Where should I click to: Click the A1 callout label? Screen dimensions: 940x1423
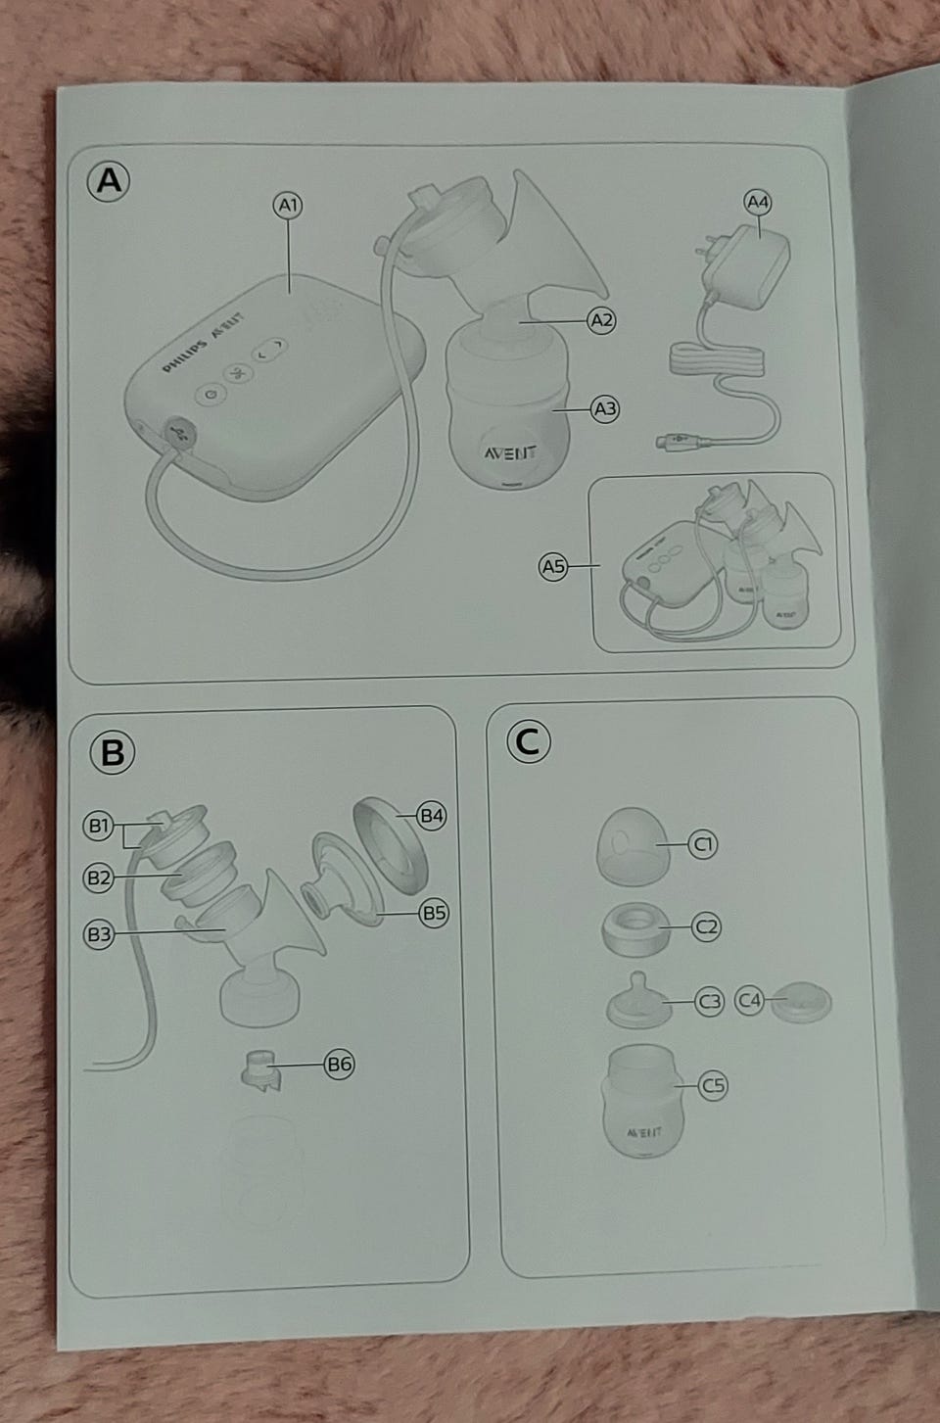(288, 206)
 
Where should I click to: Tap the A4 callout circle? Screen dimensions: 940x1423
(758, 203)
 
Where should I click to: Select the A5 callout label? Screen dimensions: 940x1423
(553, 566)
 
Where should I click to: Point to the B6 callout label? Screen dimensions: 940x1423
(339, 1064)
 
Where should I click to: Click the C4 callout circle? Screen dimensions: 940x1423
(749, 1001)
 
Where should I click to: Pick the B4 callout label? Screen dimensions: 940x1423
(431, 815)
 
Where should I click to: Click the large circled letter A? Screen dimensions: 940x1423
(109, 181)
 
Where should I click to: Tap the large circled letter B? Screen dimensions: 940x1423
(113, 752)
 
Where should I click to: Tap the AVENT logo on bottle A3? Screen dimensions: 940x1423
(510, 452)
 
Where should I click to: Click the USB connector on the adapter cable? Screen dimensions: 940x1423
(679, 440)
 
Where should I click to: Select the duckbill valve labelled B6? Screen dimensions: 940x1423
(261, 1069)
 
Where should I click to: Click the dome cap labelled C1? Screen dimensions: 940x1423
(633, 846)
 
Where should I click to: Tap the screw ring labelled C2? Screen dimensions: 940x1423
(635, 928)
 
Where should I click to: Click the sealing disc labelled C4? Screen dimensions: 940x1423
(801, 1002)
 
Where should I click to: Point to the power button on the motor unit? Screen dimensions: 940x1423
(211, 394)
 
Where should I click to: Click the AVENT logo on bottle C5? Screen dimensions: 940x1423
(644, 1132)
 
